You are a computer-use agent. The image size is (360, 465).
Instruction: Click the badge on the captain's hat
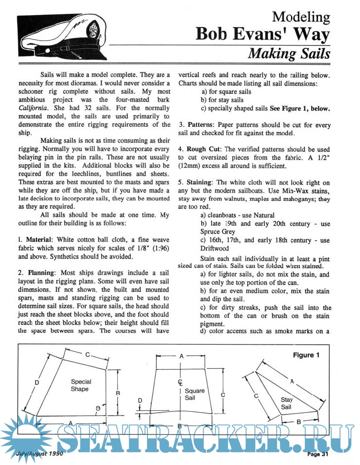(93, 31)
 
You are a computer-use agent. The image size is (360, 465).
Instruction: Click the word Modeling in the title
(301, 17)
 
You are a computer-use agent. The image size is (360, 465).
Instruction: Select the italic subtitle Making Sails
(288, 53)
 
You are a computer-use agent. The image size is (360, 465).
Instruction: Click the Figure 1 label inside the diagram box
(306, 354)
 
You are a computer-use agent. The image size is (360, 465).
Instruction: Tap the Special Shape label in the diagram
(80, 385)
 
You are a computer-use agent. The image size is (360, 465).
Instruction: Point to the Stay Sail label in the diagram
(287, 403)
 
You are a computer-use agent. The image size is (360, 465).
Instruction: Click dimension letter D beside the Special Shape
(37, 382)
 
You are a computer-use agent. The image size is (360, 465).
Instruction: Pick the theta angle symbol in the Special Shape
(98, 408)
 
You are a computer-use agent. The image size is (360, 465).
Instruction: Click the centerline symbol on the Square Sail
(180, 382)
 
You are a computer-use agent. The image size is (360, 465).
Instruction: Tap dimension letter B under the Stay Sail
(299, 422)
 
